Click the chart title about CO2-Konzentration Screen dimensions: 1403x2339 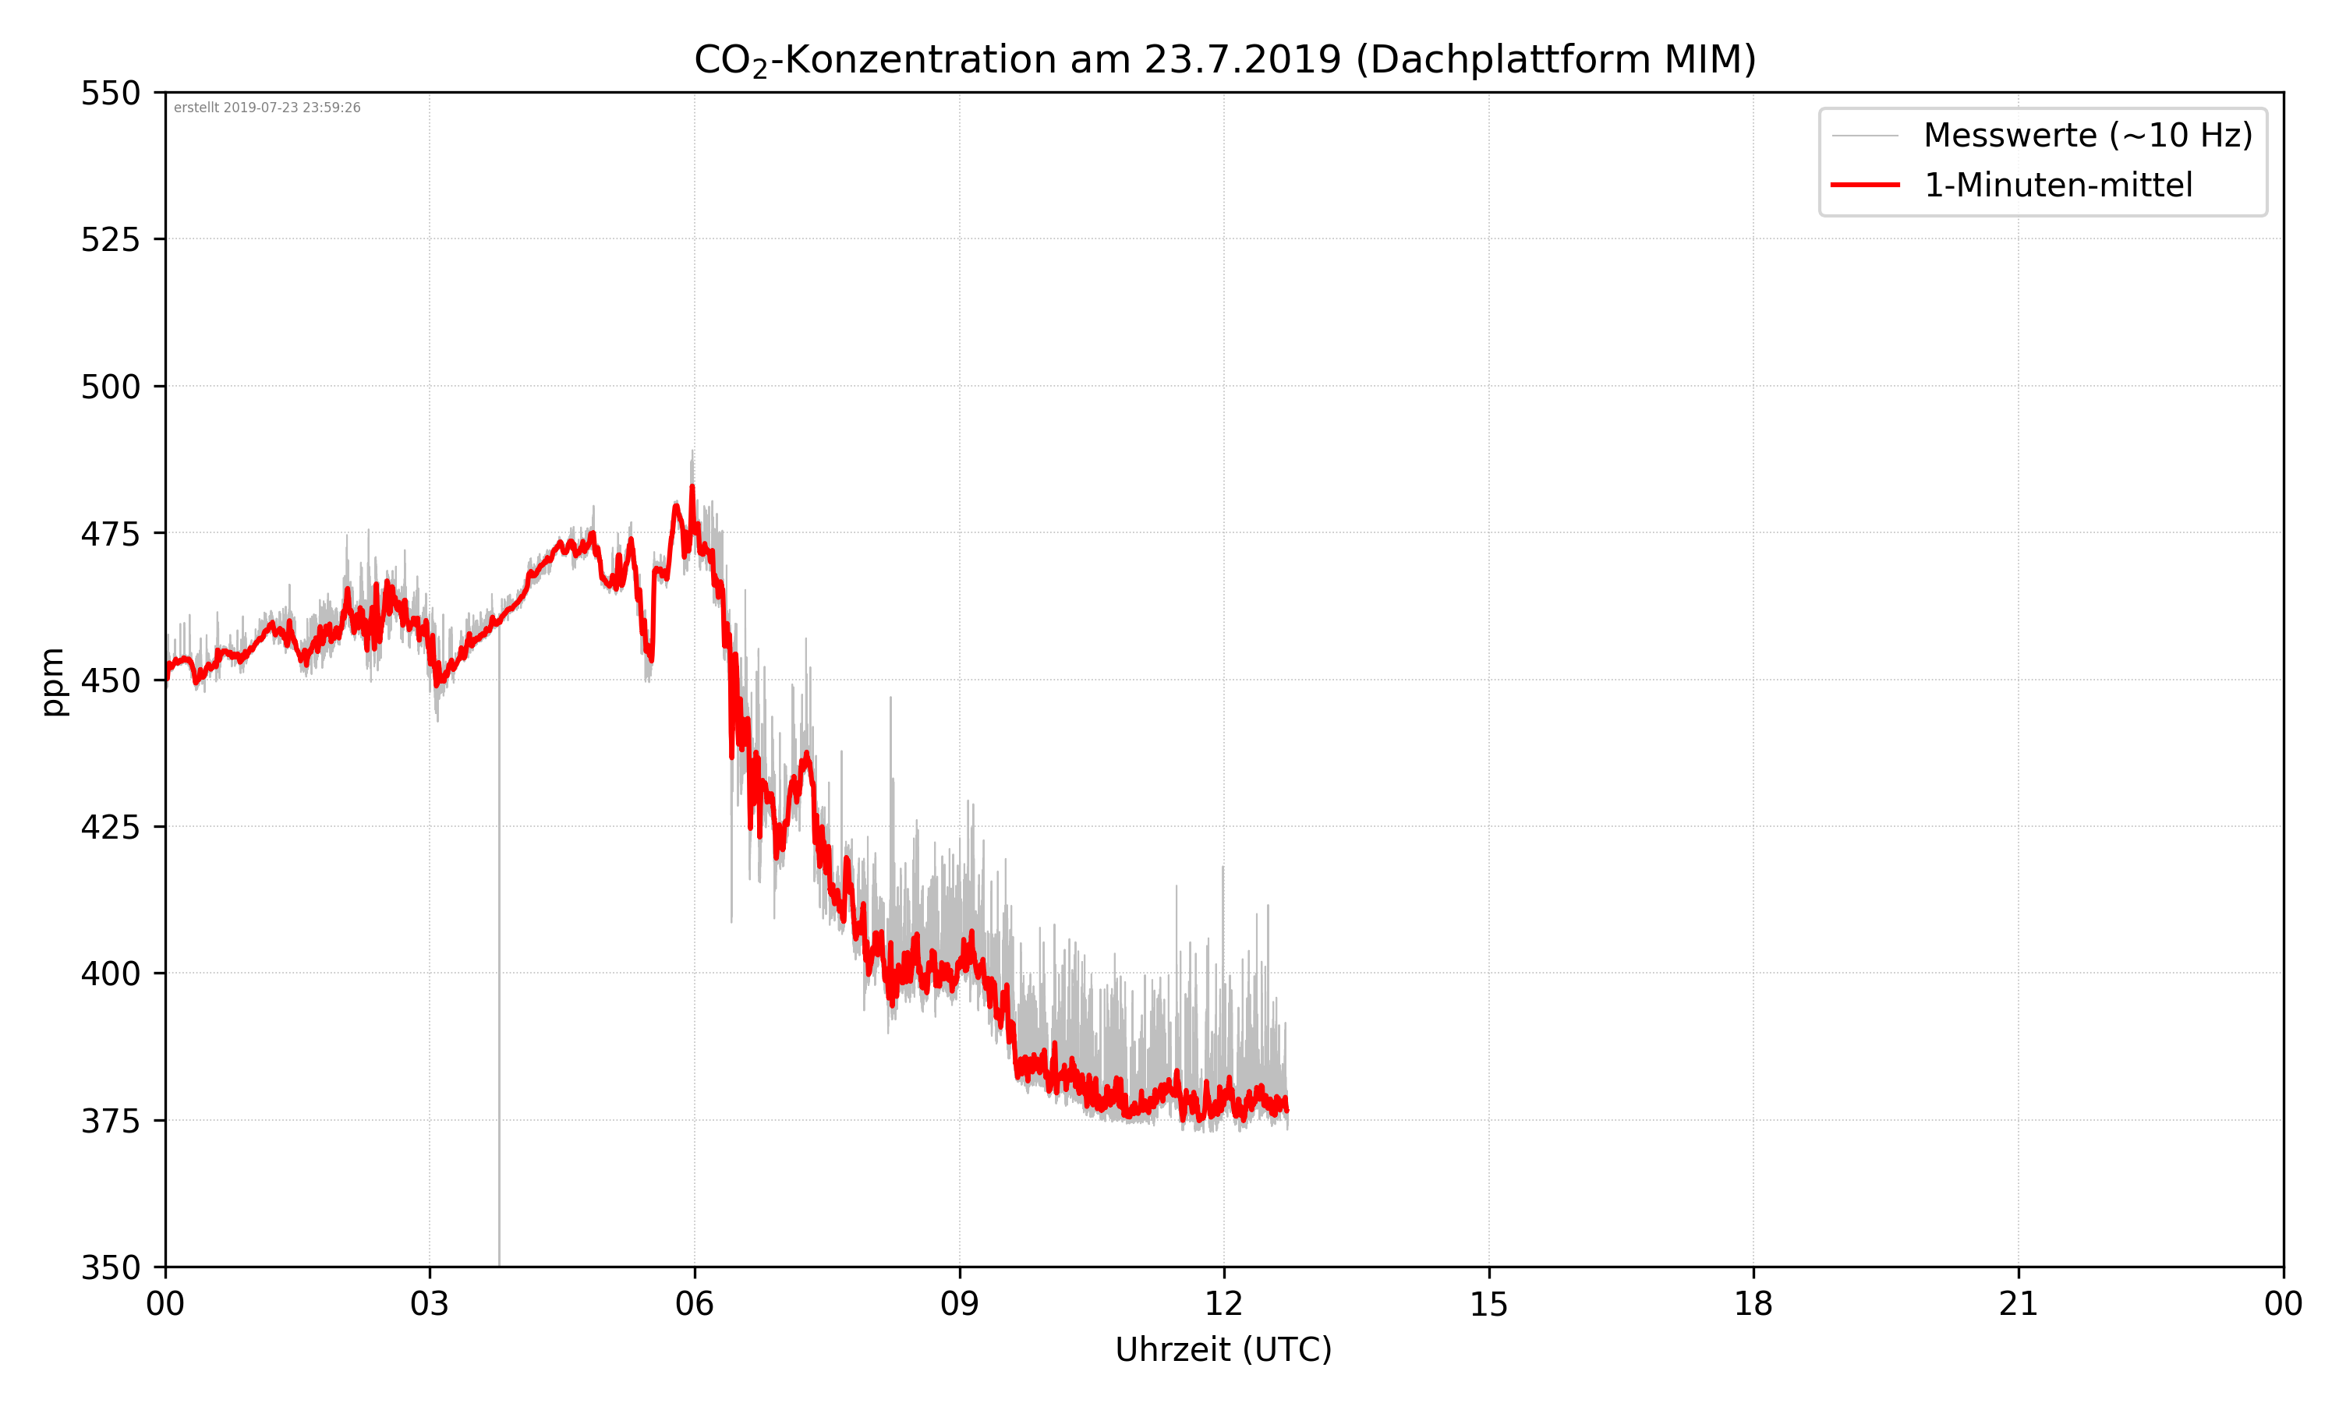point(1224,59)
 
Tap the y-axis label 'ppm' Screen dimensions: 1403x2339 point(53,682)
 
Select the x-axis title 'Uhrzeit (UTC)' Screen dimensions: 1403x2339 point(1223,1349)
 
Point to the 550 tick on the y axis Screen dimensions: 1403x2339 point(110,94)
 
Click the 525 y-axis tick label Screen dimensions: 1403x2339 point(110,240)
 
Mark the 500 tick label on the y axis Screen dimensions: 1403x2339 point(110,387)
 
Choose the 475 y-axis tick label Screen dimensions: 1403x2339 point(110,534)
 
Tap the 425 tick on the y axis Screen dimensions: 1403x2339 point(110,827)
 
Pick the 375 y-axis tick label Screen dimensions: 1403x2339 point(110,1122)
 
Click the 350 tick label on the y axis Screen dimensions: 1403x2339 point(110,1268)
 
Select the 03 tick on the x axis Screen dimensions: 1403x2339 point(430,1304)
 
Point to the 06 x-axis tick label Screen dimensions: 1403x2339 point(694,1304)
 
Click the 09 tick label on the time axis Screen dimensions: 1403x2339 point(959,1304)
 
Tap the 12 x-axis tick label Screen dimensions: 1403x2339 point(1223,1304)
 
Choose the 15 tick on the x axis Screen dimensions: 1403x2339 point(1488,1304)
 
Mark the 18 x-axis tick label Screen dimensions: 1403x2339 point(1753,1304)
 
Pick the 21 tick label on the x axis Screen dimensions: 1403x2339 point(2018,1304)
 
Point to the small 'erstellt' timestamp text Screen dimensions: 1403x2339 point(267,108)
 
